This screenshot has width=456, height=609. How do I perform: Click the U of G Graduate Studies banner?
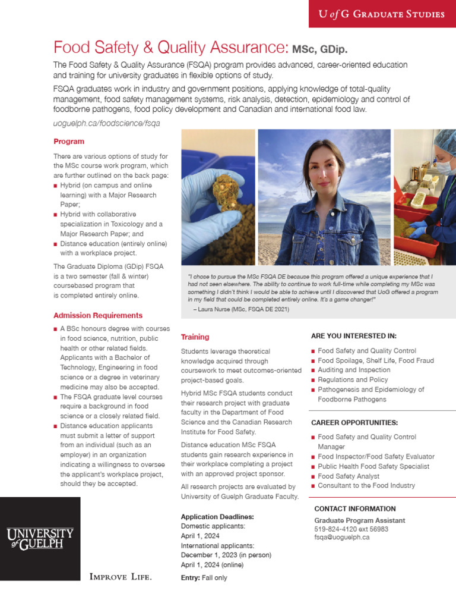(x=382, y=14)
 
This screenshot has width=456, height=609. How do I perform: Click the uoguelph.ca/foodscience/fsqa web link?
(x=107, y=123)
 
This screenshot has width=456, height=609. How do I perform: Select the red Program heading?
(x=69, y=142)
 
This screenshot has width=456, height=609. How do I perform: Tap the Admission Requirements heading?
(x=98, y=315)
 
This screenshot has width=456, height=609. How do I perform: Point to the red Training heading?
(x=195, y=337)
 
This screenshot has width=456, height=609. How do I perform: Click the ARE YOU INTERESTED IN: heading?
(x=353, y=336)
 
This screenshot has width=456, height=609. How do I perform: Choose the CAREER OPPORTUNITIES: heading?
(x=354, y=422)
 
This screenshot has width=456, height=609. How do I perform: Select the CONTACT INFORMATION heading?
(x=354, y=508)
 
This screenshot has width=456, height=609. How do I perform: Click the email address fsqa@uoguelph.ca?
(x=341, y=536)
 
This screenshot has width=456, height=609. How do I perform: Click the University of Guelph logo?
(x=40, y=538)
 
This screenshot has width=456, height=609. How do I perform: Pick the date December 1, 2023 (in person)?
(x=226, y=554)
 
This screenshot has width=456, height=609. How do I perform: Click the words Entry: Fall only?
(x=204, y=577)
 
